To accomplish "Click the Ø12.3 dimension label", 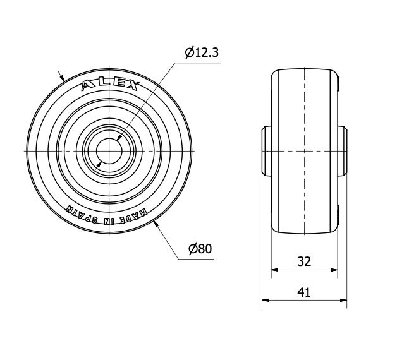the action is click(x=202, y=52).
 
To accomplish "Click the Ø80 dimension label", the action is click(x=200, y=249).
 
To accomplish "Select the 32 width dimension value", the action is click(x=304, y=261).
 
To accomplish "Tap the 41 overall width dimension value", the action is click(x=304, y=292).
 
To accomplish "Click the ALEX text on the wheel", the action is click(x=109, y=85).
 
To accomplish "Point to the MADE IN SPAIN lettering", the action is click(x=107, y=215).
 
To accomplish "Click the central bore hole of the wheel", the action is click(x=109, y=151).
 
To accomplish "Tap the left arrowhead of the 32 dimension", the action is click(x=275, y=270).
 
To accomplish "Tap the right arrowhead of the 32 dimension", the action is click(x=334, y=270).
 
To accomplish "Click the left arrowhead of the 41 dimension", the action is click(x=266, y=300).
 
